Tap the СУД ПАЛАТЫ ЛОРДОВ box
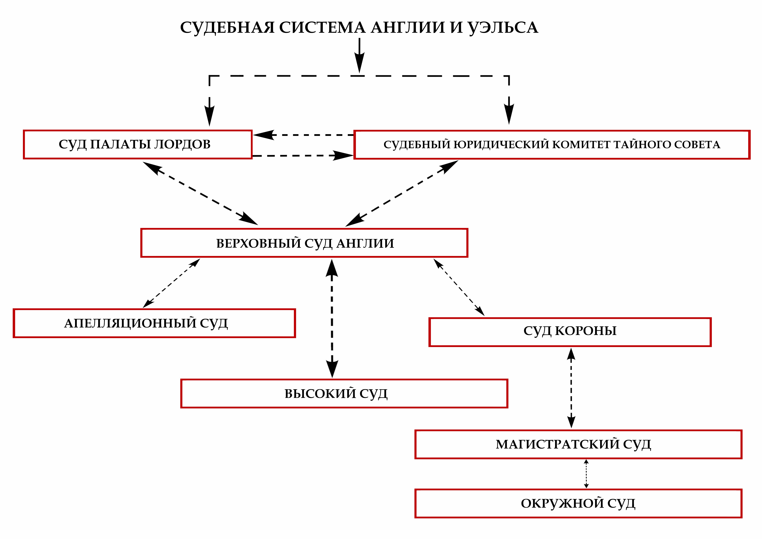tap(137, 145)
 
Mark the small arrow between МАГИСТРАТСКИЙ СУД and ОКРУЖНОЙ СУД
tap(586, 474)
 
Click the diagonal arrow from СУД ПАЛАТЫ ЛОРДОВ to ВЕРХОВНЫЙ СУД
tap(200, 193)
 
